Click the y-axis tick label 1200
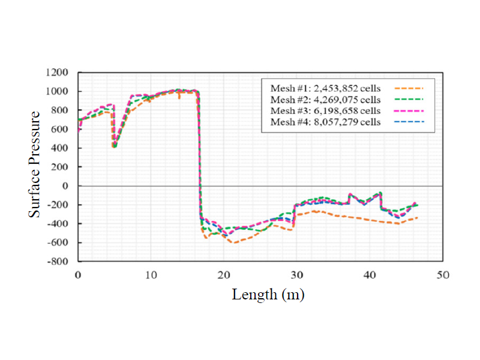[x=59, y=73]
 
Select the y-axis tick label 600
[x=61, y=130]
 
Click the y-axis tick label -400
[x=59, y=224]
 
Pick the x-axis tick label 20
[x=224, y=274]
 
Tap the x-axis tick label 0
[x=78, y=274]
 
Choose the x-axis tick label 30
[x=296, y=274]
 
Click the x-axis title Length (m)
[x=268, y=295]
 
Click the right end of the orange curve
[x=417, y=218]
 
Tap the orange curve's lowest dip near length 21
[x=233, y=242]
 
